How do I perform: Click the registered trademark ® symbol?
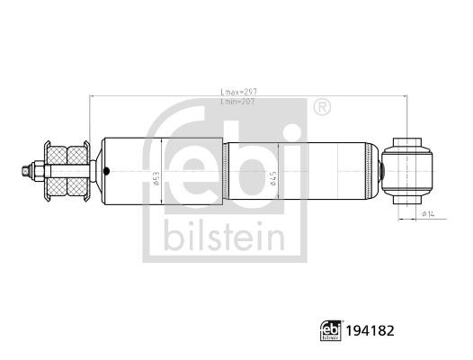coord(321,108)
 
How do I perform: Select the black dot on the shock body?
coord(107,170)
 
